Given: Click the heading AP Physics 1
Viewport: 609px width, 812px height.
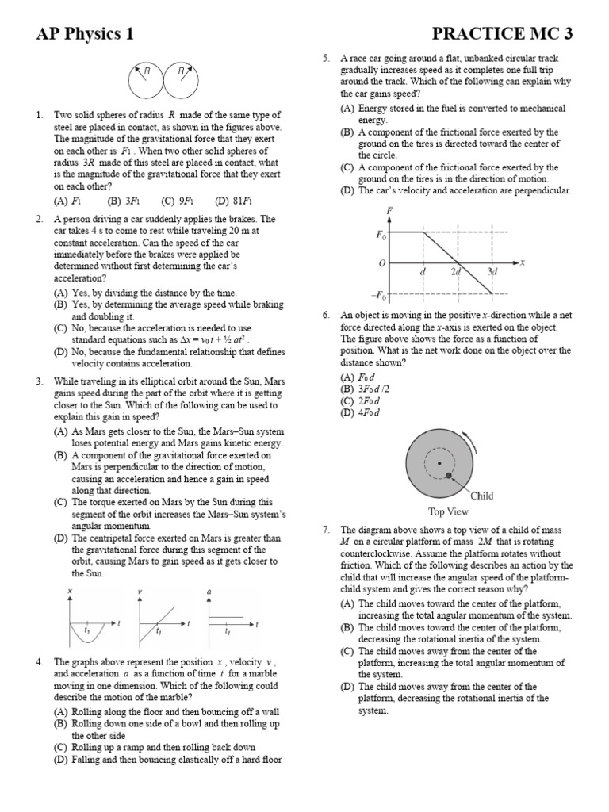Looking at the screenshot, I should (x=84, y=33).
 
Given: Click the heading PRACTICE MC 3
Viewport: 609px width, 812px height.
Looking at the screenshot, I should (x=502, y=33).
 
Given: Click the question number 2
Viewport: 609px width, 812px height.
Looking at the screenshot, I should (x=39, y=219).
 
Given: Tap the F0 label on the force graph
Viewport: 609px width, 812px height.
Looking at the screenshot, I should (x=380, y=236).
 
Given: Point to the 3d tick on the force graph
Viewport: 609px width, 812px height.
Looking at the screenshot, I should (x=492, y=272).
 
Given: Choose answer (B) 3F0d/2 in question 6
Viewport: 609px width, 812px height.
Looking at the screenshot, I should (x=369, y=389).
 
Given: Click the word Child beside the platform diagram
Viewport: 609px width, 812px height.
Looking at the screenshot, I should (x=481, y=496).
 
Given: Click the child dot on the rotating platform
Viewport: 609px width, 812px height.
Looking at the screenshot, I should (x=449, y=476).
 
